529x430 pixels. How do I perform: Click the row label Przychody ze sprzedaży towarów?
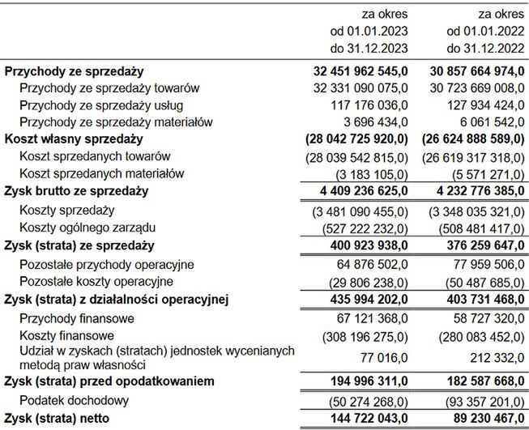coord(109,87)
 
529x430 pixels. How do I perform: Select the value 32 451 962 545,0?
coord(359,71)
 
